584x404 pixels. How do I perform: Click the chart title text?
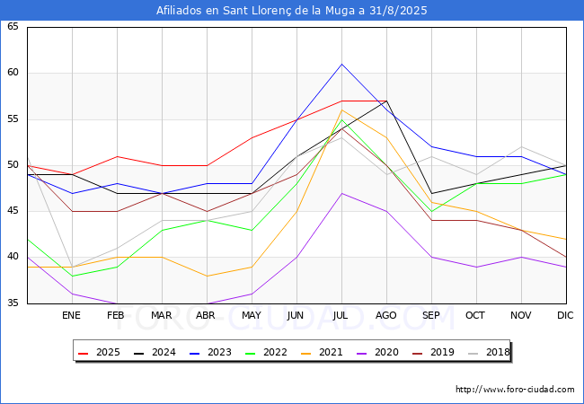(x=292, y=11)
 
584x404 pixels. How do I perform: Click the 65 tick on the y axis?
(x=13, y=27)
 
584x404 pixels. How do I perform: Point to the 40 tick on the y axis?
(x=13, y=257)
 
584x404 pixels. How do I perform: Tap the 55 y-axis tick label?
(x=13, y=119)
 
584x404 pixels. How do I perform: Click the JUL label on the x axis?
(x=341, y=316)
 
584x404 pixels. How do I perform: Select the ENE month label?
(x=72, y=316)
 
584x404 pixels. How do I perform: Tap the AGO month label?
(x=386, y=316)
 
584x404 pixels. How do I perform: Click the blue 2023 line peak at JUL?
(x=341, y=64)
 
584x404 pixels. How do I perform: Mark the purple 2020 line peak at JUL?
(x=341, y=193)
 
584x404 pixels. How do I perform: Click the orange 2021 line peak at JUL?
(x=341, y=110)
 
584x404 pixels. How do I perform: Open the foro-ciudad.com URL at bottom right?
(x=515, y=390)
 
